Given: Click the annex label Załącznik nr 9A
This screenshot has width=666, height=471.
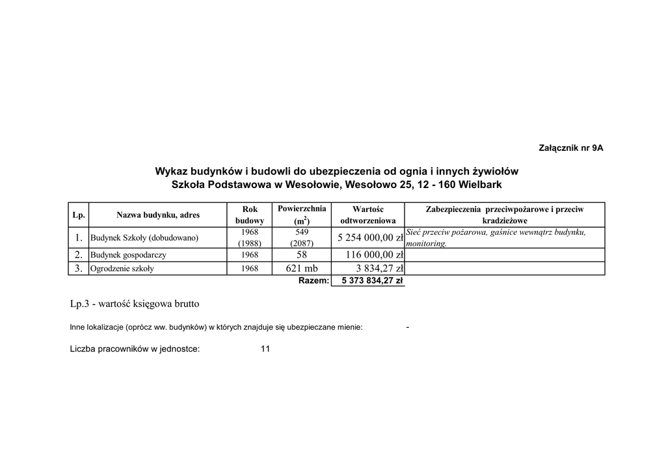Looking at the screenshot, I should pos(571,148).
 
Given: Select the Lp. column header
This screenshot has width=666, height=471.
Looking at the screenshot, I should pos(78,215).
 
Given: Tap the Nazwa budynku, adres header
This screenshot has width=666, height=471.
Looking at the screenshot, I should pos(158,215).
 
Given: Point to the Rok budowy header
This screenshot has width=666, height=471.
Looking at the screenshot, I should pos(250,215).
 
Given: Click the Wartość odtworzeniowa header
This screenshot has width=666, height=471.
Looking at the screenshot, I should pos(367,215).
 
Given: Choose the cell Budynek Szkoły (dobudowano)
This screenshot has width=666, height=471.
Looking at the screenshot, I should pos(144,237).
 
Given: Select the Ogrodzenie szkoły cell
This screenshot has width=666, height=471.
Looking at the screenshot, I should pos(122,268).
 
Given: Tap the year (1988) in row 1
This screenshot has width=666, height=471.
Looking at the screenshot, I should pos(250,243).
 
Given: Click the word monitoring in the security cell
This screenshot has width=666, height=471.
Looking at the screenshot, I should pos(426,243).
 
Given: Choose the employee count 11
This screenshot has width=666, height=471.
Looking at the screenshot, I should pos(265,349).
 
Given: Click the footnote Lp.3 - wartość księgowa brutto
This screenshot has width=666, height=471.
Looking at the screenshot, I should pos(135,304).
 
